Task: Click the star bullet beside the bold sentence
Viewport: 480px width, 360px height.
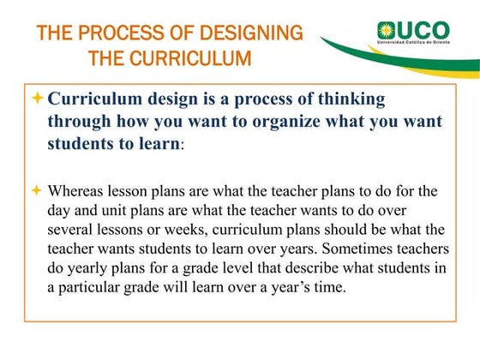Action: (35, 99)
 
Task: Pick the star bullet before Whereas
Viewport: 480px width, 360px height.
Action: (35, 189)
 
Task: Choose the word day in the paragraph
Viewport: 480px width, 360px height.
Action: (59, 209)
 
